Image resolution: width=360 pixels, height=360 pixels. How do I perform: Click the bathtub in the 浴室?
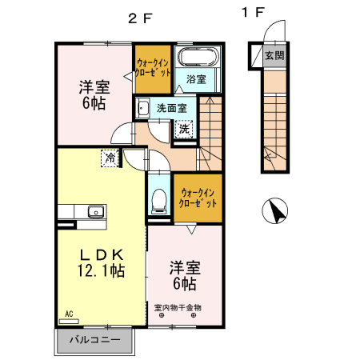[197, 59]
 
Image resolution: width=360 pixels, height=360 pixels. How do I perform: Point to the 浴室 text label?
[197, 80]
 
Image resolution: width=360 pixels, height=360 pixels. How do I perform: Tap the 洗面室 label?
[171, 107]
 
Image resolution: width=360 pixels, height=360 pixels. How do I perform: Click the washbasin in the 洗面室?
[142, 107]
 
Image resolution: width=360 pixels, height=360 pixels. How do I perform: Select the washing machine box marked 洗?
[184, 128]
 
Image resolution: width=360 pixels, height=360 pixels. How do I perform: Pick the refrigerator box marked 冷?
[109, 158]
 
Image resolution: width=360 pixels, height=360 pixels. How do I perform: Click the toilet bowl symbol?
[158, 200]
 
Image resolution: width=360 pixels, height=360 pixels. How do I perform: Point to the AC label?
[69, 313]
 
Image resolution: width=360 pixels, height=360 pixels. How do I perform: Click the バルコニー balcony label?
[94, 340]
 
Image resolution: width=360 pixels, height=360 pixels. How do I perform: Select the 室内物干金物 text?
[178, 307]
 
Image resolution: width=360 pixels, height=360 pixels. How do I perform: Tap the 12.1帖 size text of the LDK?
[100, 272]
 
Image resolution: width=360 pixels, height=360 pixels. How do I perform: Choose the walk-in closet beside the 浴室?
[152, 67]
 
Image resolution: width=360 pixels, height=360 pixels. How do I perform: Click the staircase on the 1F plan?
[274, 120]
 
